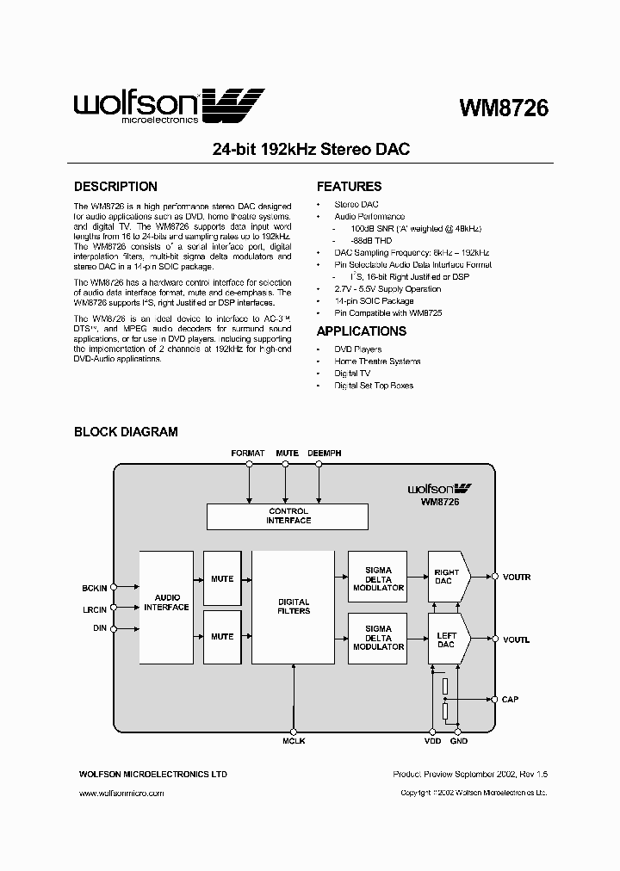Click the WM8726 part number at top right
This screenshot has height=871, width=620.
point(504,108)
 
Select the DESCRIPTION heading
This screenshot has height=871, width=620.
point(115,187)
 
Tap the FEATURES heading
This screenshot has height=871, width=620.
point(349,187)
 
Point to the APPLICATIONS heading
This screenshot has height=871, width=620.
point(361,331)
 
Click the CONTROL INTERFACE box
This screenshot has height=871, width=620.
point(288,516)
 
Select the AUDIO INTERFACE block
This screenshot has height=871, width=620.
point(166,608)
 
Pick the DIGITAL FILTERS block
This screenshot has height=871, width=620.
point(293,607)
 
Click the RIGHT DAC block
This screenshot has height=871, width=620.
point(448,577)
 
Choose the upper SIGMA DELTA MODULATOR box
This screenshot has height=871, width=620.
point(378,579)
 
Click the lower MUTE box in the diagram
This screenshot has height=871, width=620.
point(222,637)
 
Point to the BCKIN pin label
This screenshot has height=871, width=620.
point(94,588)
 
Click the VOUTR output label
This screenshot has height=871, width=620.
point(517,577)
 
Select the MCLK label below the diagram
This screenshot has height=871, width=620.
point(294,742)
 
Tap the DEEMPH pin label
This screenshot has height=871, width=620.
point(321,453)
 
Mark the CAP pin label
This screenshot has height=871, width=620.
point(511,700)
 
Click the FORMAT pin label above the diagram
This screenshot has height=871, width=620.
point(248,453)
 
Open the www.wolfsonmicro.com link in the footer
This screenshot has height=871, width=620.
point(121,793)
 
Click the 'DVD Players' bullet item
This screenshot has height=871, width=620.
point(357,349)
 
